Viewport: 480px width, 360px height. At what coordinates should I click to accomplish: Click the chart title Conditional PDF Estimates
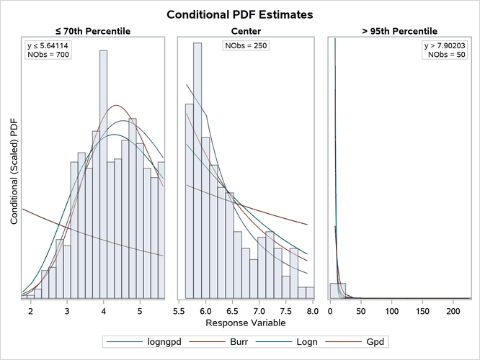[x=239, y=14]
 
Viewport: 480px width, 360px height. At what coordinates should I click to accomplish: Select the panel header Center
[x=246, y=31]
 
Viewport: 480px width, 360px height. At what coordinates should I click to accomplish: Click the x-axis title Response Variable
[x=240, y=324]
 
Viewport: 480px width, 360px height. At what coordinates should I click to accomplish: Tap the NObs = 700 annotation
[x=48, y=55]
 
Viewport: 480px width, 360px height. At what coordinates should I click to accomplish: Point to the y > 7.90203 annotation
[x=445, y=46]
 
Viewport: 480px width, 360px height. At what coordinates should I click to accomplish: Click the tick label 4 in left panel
[x=104, y=311]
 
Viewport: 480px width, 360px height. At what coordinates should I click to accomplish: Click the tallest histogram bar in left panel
[x=104, y=173]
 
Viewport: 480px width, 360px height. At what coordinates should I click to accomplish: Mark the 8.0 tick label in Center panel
[x=308, y=311]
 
